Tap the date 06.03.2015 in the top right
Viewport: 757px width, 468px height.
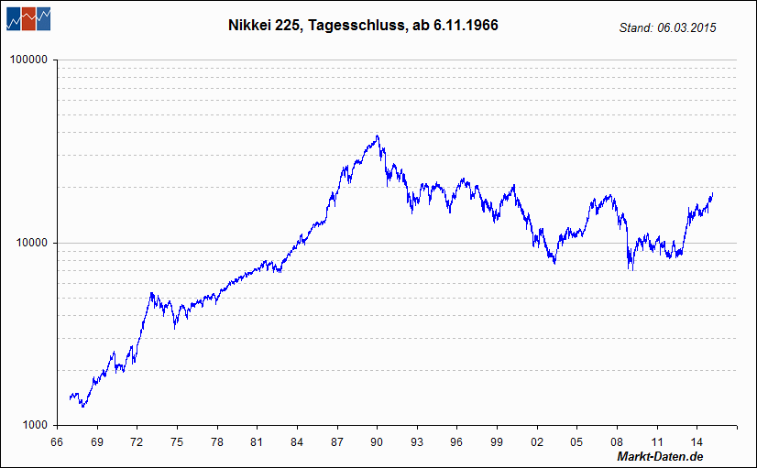(x=686, y=28)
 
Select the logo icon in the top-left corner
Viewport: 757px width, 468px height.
(x=27, y=17)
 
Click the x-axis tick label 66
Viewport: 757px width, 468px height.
(x=57, y=441)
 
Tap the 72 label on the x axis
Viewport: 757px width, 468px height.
(x=137, y=441)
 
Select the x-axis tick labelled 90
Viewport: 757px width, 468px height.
(x=376, y=441)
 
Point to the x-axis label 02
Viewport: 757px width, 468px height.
(x=536, y=441)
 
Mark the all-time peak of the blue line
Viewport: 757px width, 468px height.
(x=377, y=136)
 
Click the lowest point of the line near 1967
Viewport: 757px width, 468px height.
(x=82, y=407)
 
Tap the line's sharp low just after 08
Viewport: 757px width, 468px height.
(x=631, y=268)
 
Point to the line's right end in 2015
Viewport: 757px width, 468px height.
(x=712, y=194)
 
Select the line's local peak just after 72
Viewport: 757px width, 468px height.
(x=151, y=293)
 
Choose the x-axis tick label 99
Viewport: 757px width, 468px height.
(x=496, y=441)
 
